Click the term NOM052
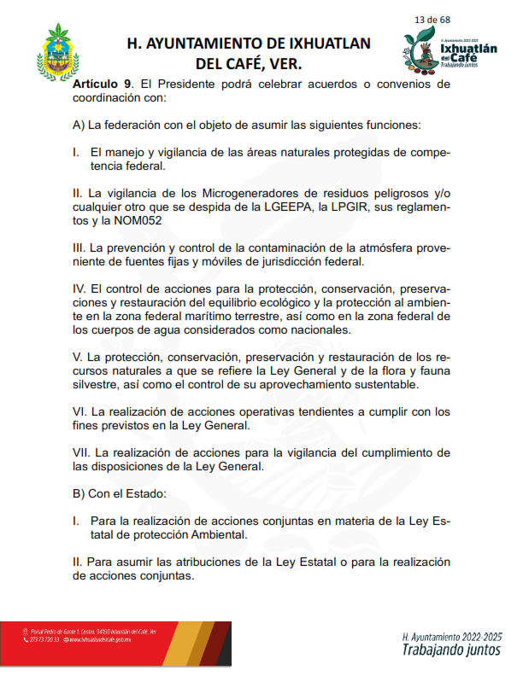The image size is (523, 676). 136,220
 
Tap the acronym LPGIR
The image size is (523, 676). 367,207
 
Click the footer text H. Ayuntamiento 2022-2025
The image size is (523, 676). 452,637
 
